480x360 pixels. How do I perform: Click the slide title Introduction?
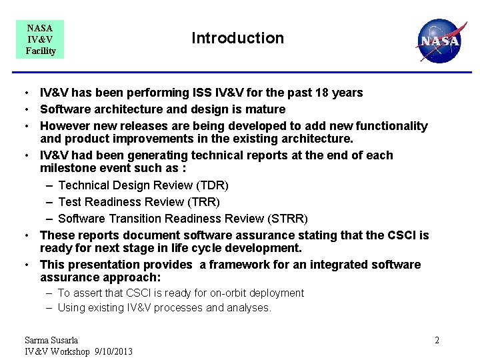237,38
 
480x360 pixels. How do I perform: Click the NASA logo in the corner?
438,40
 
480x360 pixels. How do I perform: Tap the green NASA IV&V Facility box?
40,39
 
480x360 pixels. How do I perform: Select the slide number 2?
437,341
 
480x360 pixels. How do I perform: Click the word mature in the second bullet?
265,109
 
